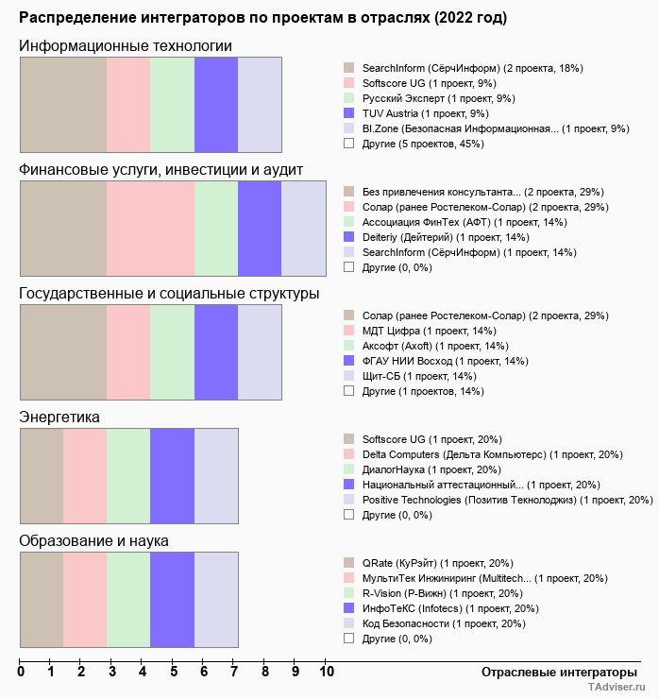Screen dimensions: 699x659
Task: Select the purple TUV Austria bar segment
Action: pos(216,104)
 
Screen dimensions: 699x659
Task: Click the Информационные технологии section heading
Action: pos(126,46)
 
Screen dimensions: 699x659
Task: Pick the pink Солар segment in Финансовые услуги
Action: pos(150,229)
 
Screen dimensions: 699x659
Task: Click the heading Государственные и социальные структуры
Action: pos(169,294)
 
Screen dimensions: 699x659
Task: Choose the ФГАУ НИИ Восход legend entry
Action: pos(445,361)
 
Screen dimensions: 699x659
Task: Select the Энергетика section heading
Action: pos(59,417)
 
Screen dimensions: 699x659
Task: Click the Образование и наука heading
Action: pos(93,541)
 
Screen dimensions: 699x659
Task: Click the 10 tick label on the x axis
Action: pos(327,672)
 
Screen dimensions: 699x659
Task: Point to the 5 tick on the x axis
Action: pos(174,672)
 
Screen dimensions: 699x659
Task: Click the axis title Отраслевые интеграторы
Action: pos(553,672)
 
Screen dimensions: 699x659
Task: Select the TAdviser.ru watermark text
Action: pos(617,689)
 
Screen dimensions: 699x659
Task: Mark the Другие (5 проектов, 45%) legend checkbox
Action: pos(349,144)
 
